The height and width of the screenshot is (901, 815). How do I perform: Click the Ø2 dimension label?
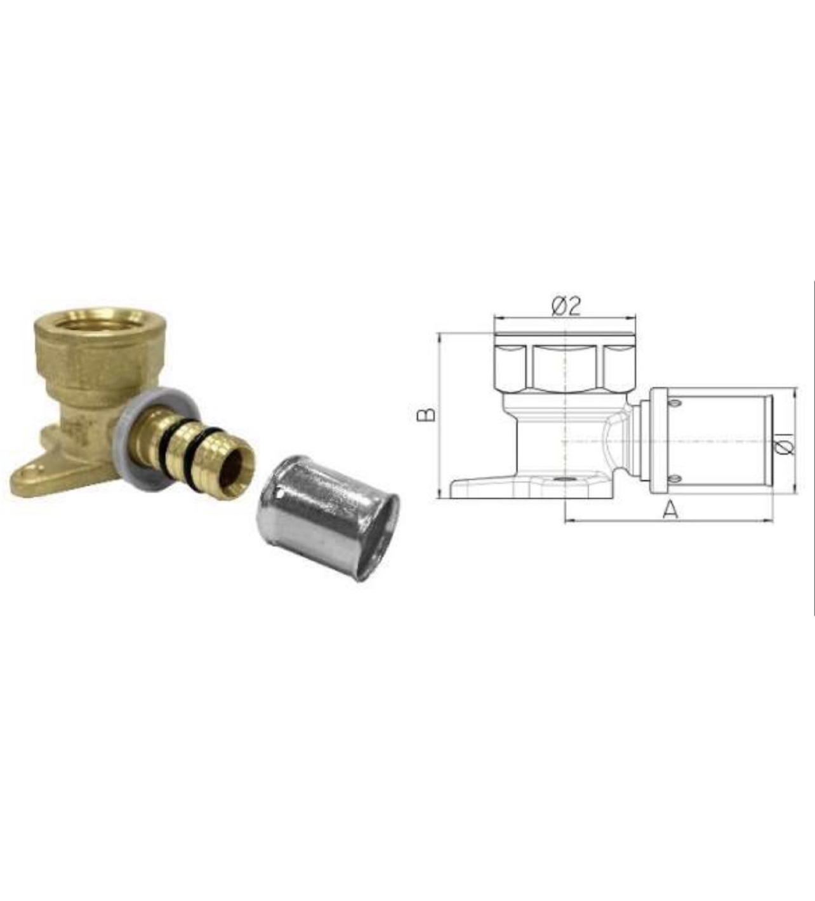pos(566,306)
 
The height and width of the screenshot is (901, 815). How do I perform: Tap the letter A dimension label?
pos(670,510)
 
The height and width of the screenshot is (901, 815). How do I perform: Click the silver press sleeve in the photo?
pos(328,518)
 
